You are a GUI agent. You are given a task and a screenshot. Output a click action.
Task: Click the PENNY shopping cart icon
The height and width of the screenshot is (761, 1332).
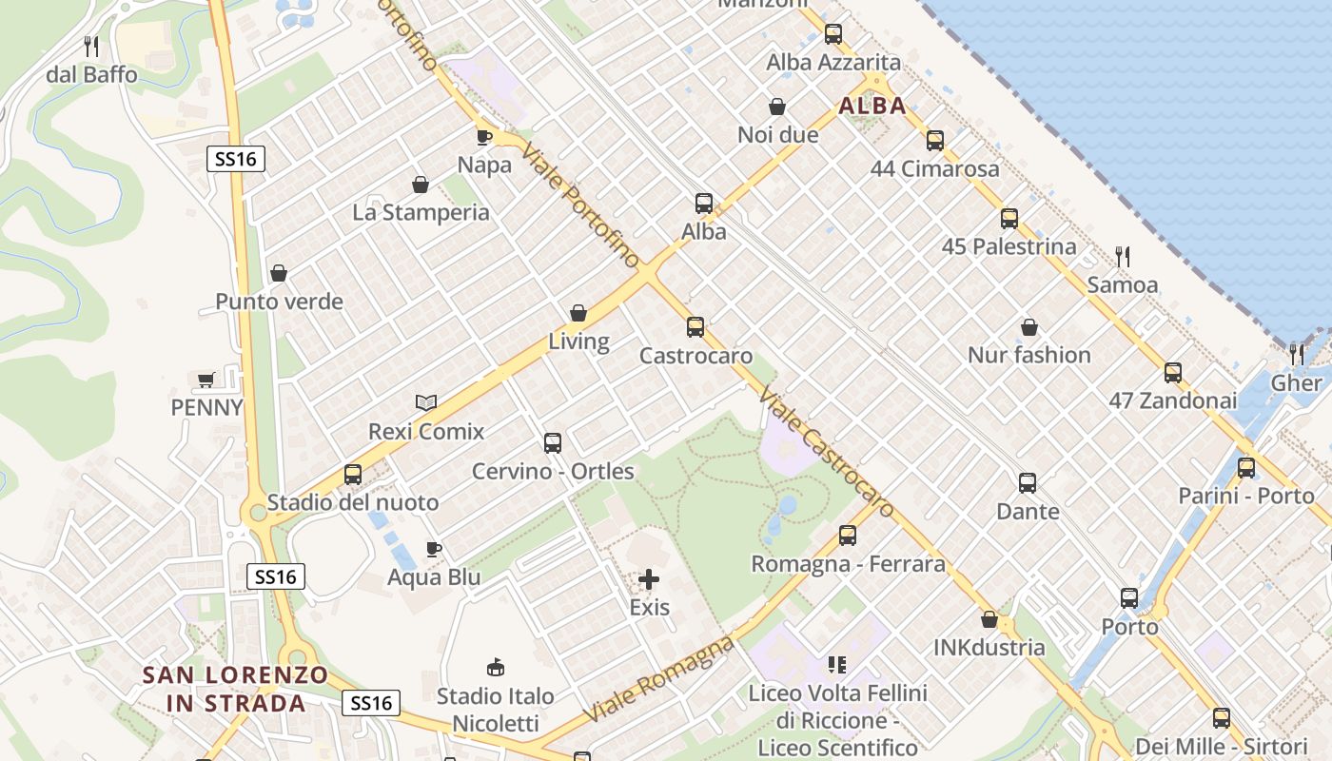point(206,380)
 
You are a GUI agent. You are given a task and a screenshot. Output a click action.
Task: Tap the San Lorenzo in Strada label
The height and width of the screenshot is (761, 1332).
point(235,690)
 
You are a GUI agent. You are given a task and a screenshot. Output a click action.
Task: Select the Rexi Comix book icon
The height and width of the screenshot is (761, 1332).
point(426,403)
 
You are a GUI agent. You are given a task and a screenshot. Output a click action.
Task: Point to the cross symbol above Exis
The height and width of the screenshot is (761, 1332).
point(649,579)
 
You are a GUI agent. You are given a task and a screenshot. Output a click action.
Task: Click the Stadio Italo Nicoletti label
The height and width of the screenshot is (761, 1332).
point(495,710)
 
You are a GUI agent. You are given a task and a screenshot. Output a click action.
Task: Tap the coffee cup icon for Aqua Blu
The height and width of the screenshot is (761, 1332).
point(434,549)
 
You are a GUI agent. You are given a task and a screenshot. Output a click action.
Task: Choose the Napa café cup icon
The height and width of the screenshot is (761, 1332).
point(484,137)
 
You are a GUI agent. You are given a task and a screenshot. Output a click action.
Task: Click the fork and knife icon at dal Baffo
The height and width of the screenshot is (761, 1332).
point(91,46)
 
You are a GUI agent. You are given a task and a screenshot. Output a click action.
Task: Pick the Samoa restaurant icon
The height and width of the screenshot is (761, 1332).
point(1123,256)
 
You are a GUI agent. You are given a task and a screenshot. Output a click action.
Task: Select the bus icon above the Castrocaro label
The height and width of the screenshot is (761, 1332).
point(695,327)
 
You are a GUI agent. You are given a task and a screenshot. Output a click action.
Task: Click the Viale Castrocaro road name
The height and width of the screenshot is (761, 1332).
point(828,451)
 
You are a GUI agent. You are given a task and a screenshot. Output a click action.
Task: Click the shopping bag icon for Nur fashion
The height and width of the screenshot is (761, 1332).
point(1028,327)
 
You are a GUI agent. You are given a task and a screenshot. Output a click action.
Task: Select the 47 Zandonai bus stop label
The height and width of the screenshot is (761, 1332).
point(1172,400)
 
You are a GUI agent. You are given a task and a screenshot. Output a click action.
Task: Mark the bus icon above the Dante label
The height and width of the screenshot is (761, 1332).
point(1028,483)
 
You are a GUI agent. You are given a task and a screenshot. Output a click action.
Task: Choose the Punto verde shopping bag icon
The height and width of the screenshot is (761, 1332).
point(279,274)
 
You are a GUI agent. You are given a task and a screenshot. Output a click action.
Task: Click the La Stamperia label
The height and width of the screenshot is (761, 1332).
point(421,212)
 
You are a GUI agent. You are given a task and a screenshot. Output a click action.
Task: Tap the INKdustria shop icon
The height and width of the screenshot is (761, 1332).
point(989,620)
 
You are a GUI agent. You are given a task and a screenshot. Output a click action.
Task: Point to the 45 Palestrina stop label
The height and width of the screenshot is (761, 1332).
point(1009,247)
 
